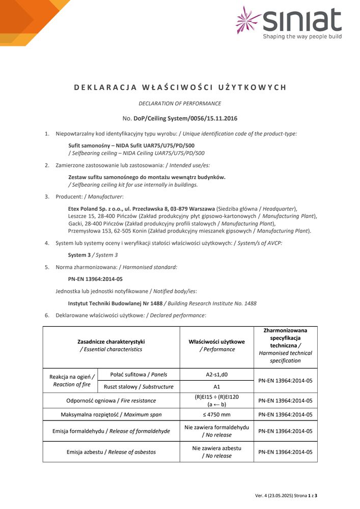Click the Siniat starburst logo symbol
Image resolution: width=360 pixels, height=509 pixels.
(x=248, y=20)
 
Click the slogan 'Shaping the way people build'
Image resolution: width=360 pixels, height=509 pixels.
(x=302, y=37)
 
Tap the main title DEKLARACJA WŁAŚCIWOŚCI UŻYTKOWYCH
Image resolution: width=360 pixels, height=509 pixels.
(x=180, y=87)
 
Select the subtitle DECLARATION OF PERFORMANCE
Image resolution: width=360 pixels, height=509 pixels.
(x=180, y=103)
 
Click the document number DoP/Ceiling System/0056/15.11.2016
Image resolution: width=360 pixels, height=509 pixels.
(x=185, y=118)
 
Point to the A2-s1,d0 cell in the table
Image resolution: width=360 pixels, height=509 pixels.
(x=216, y=375)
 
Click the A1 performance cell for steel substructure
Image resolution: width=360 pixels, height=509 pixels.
(x=216, y=387)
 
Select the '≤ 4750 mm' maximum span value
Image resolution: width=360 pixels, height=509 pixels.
(x=216, y=414)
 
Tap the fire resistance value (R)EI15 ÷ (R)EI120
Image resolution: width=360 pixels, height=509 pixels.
(x=216, y=401)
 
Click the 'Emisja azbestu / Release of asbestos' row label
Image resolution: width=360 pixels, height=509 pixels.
(x=111, y=451)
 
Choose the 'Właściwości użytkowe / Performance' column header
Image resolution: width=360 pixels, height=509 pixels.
(x=216, y=346)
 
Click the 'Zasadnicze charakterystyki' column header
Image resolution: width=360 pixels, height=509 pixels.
(x=111, y=342)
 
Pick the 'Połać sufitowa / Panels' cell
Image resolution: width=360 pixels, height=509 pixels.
(x=138, y=375)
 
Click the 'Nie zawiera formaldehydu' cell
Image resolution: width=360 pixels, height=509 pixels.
(x=216, y=428)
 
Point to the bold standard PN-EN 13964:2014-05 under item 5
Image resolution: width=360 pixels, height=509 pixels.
(x=95, y=279)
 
